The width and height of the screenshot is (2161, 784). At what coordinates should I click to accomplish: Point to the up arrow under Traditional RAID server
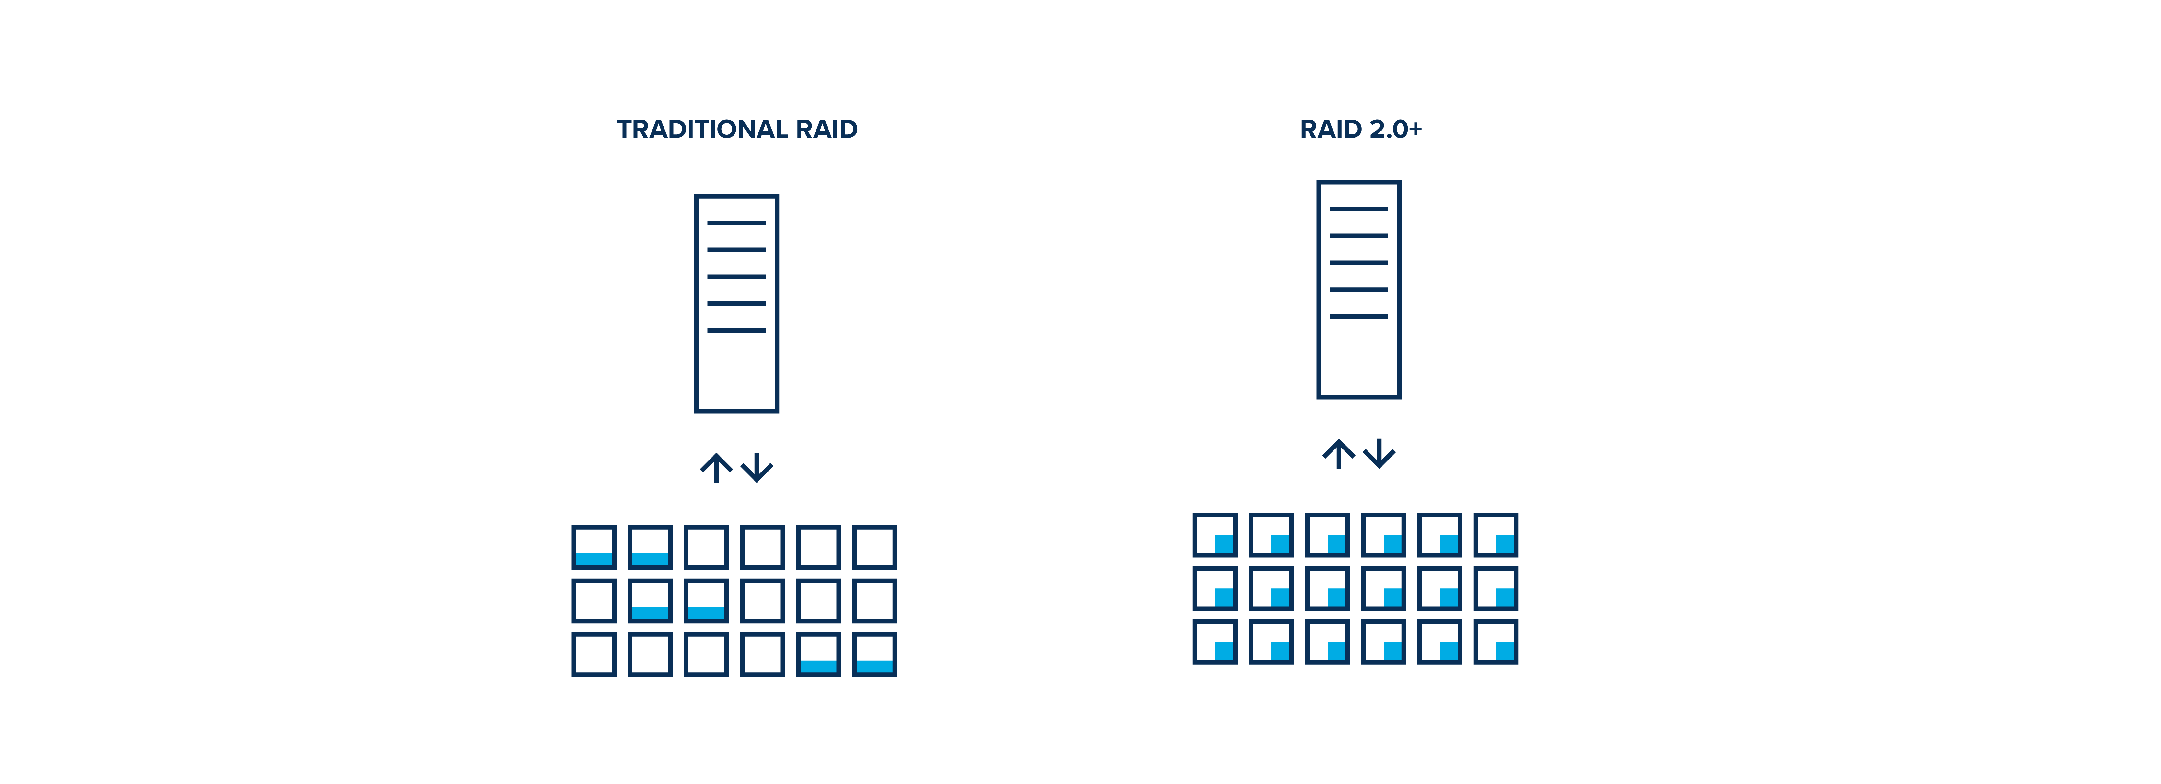[x=716, y=468]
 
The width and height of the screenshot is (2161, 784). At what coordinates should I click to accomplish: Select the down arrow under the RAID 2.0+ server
[x=1379, y=454]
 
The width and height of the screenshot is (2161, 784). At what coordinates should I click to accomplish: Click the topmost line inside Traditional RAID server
[x=736, y=223]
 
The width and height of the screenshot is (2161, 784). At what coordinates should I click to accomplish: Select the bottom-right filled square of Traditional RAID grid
[x=874, y=654]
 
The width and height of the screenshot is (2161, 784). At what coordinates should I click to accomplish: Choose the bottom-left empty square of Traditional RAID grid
[x=594, y=654]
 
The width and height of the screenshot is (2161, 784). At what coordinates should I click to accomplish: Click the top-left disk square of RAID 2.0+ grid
[x=1215, y=535]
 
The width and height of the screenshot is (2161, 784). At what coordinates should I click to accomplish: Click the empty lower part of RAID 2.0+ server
[x=1359, y=360]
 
